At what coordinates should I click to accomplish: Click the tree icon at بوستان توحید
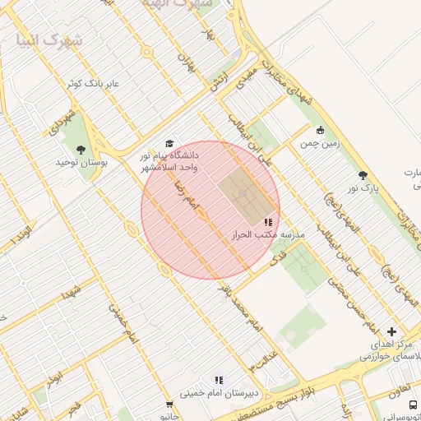[80, 149]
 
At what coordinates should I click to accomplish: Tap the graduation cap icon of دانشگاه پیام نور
[169, 144]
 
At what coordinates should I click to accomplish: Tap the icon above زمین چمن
[320, 130]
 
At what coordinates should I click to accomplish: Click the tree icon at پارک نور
[363, 175]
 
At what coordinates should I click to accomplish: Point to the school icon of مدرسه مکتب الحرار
[268, 222]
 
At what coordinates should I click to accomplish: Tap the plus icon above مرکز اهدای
[391, 331]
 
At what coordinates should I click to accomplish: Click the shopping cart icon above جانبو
[169, 404]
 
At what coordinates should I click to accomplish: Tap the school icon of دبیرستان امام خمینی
[219, 380]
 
